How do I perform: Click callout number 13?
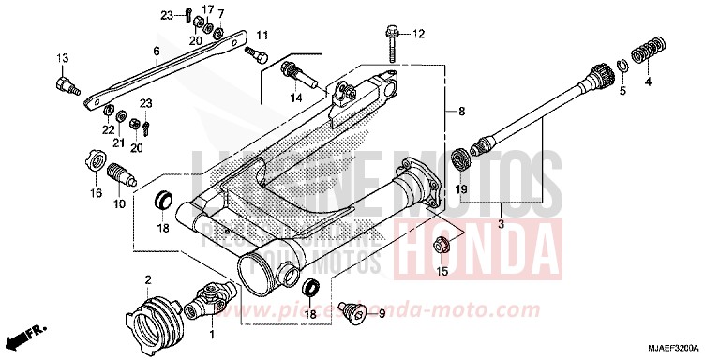click(61, 59)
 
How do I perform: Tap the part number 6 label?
click(157, 51)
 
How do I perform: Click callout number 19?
click(461, 189)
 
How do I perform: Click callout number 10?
click(120, 204)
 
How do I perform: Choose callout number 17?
click(208, 10)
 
